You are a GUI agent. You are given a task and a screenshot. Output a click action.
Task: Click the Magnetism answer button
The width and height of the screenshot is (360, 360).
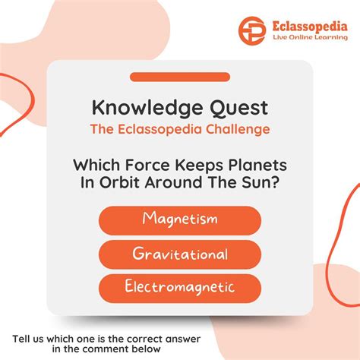(180, 219)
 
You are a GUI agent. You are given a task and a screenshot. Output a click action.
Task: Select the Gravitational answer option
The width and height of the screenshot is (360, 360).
(180, 254)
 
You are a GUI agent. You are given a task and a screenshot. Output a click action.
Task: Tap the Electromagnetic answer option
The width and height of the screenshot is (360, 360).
(180, 288)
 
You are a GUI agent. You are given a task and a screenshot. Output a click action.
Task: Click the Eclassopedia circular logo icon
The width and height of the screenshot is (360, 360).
(252, 30)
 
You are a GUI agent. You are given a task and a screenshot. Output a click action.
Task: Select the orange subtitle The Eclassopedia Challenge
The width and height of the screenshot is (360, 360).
(180, 129)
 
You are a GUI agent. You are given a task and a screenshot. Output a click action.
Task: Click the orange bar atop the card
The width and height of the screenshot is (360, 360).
(180, 77)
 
